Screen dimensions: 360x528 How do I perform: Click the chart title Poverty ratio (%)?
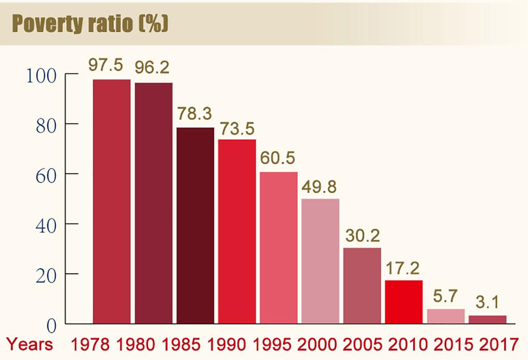coord(90,24)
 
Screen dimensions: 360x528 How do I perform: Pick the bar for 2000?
coord(320,261)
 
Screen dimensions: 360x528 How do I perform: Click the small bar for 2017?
coord(487,320)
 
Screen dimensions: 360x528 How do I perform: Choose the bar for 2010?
coord(404,302)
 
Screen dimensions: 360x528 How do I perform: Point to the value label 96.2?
coord(153,68)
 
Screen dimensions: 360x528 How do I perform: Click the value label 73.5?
coord(237,129)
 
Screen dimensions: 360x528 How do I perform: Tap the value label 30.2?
coord(362,236)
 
